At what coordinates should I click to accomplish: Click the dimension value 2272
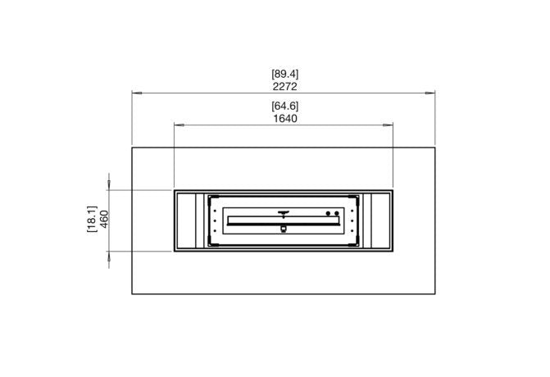pyautogui.click(x=284, y=87)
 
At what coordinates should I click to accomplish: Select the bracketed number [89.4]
pyautogui.click(x=284, y=74)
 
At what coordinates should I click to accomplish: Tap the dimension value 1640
pyautogui.click(x=285, y=119)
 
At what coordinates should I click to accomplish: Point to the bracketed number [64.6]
pyautogui.click(x=284, y=106)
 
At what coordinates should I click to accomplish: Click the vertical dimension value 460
pyautogui.click(x=105, y=219)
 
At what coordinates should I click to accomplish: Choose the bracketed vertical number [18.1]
pyautogui.click(x=92, y=219)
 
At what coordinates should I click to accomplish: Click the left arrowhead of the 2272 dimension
pyautogui.click(x=137, y=93)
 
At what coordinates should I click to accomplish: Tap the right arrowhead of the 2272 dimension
pyautogui.click(x=430, y=93)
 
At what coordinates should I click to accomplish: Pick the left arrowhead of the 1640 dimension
pyautogui.click(x=179, y=125)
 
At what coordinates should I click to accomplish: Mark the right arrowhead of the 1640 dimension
pyautogui.click(x=388, y=125)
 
